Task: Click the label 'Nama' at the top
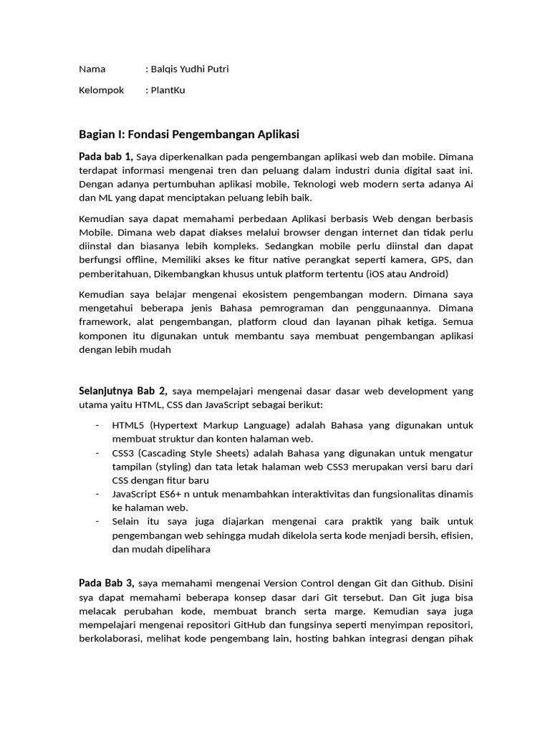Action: click(x=92, y=69)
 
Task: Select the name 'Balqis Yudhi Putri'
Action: click(x=189, y=69)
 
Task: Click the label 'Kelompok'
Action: click(x=101, y=90)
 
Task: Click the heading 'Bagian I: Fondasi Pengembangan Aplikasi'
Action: click(x=188, y=135)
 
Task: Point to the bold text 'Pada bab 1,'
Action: click(x=106, y=157)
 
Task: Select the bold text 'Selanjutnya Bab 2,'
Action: click(x=122, y=391)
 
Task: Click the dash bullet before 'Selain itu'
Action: click(x=97, y=522)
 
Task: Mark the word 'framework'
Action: click(x=103, y=322)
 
